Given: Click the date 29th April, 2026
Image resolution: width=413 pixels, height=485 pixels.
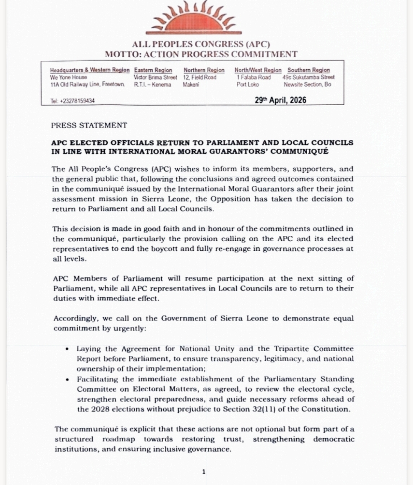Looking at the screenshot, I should (280, 100).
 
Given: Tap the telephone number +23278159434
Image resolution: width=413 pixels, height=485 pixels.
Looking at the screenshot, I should (73, 101).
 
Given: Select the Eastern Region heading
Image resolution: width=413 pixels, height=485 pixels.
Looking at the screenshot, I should (153, 70).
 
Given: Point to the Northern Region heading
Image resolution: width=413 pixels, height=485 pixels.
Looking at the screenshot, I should (204, 70).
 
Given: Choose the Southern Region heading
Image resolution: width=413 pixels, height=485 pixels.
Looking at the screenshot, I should (308, 70).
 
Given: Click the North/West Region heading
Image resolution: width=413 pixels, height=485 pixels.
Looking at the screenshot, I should (258, 70).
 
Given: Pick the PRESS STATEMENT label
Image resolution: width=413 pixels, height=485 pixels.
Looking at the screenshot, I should (89, 125).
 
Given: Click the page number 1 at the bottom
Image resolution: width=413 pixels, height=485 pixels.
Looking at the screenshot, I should (203, 472).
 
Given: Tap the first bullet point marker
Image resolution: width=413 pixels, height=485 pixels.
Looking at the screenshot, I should (67, 349).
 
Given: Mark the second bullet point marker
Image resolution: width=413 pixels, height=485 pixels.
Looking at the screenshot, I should (67, 380).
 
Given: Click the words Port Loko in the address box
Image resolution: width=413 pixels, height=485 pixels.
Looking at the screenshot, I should (247, 84).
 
